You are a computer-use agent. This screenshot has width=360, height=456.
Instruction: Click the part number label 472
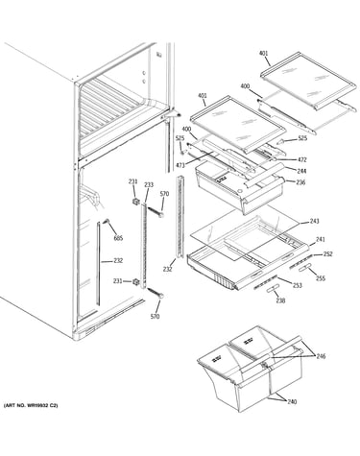pyautogui.click(x=301, y=159)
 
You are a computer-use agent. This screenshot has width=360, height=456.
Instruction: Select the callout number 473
pyautogui.click(x=180, y=165)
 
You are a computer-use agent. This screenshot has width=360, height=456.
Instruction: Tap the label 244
pyautogui.click(x=301, y=171)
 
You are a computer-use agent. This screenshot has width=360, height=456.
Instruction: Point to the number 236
pyautogui.click(x=300, y=182)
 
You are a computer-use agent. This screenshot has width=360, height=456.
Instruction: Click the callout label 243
pyautogui.click(x=314, y=221)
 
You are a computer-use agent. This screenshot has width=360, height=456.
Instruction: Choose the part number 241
pyautogui.click(x=321, y=239)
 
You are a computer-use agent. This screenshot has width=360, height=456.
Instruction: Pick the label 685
pyautogui.click(x=118, y=238)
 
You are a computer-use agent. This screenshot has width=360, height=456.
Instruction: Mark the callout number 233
pyautogui.click(x=149, y=184)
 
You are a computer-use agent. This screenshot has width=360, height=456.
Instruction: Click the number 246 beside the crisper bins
pyautogui.click(x=321, y=356)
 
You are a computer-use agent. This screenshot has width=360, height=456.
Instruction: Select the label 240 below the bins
pyautogui.click(x=292, y=401)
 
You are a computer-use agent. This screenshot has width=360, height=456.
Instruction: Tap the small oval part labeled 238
pyautogui.click(x=272, y=289)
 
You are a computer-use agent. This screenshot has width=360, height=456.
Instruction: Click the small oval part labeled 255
pyautogui.click(x=304, y=268)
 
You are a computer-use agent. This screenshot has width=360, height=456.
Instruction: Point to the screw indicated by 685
pyautogui.click(x=106, y=221)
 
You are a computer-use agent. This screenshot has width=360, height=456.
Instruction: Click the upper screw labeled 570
pyautogui.click(x=156, y=212)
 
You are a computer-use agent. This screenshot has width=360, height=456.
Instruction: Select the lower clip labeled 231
pyautogui.click(x=136, y=282)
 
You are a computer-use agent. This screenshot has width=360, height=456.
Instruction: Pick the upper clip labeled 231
pyautogui.click(x=136, y=202)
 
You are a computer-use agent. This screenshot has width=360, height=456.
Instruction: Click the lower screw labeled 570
pyautogui.click(x=156, y=293)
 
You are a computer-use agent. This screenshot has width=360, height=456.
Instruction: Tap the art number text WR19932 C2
pyautogui.click(x=38, y=405)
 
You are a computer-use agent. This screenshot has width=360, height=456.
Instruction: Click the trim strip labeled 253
pyautogui.click(x=265, y=281)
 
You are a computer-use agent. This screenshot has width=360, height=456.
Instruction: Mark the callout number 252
pyautogui.click(x=327, y=254)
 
